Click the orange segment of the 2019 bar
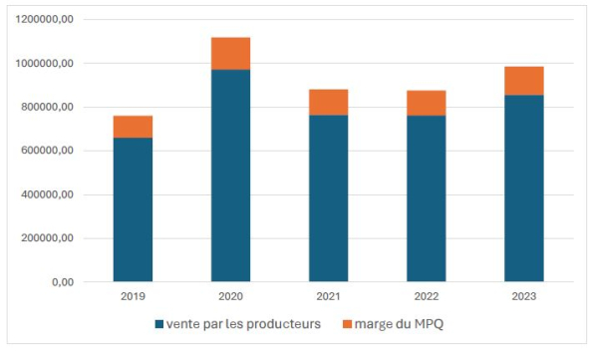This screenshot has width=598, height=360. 133,127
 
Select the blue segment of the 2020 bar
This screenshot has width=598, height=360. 231,176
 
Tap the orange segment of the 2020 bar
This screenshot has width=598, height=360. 231,54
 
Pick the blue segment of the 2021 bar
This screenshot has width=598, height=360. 328,198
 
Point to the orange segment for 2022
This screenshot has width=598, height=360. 426,103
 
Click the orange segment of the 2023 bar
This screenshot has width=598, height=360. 524,81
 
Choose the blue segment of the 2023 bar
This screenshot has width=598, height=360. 524,188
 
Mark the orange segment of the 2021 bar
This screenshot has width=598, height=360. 328,103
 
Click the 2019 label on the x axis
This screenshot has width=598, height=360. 133,296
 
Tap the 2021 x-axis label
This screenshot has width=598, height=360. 328,296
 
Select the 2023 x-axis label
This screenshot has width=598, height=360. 524,296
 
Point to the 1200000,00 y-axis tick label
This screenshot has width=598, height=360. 44,19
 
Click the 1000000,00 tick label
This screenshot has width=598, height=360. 44,64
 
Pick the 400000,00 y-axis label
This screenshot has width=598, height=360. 47,194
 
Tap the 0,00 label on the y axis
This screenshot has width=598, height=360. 63,282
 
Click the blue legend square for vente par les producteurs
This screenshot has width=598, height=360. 159,324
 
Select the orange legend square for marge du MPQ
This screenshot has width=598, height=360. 347,324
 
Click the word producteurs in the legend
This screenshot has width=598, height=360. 283,324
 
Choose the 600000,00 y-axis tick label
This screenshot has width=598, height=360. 47,151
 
